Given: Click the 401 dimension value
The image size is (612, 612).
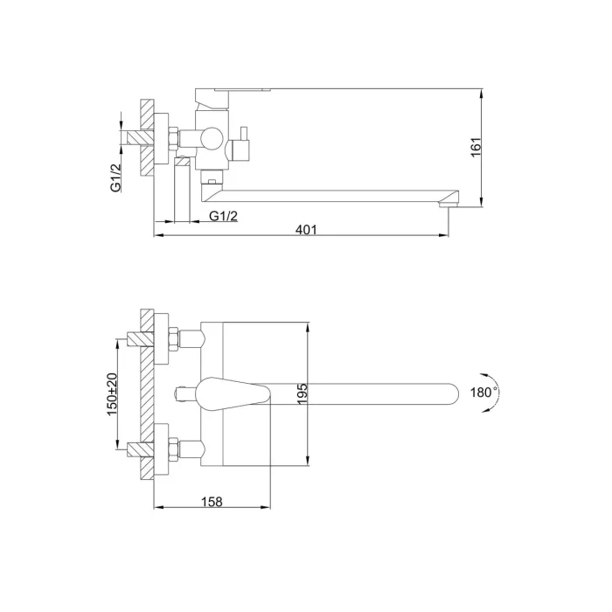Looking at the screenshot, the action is [306, 229].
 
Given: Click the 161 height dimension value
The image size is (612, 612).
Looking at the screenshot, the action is [476, 147].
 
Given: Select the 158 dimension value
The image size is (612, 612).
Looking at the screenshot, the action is [212, 501].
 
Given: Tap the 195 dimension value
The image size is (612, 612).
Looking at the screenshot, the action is [303, 393].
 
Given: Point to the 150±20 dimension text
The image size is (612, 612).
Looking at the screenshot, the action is [112, 394].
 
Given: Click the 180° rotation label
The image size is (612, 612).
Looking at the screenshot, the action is [483, 392].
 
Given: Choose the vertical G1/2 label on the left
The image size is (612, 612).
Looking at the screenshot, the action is [116, 177].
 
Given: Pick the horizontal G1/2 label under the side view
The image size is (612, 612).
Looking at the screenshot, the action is [224, 216].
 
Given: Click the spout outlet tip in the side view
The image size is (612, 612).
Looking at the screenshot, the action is [448, 204].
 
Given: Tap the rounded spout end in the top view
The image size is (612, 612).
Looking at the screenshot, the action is [453, 393].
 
